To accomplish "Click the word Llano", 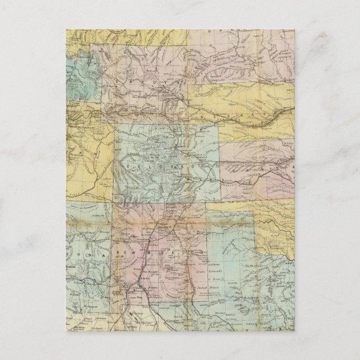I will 200,271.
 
